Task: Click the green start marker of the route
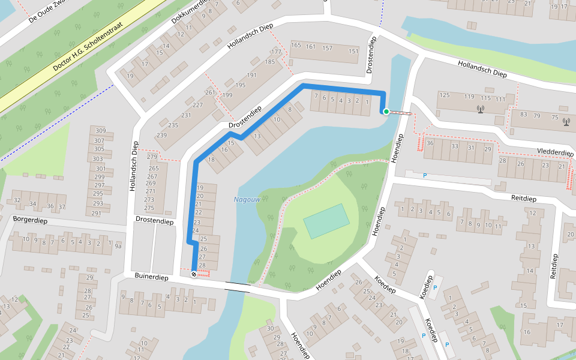[x=386, y=111]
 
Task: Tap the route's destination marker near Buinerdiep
[x=193, y=274]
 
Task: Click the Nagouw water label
[x=245, y=199]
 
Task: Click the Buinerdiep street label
[x=151, y=278]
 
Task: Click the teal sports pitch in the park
[x=326, y=221]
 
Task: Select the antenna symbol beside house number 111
[x=480, y=109]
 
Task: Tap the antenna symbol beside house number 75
[x=566, y=122]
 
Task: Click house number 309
[x=100, y=131]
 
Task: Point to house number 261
[x=210, y=92]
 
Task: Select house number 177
[x=275, y=53]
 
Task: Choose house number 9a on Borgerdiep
[x=118, y=245]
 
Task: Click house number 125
[x=445, y=95]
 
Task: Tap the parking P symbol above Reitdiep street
[x=425, y=175]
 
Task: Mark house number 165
[x=295, y=46]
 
